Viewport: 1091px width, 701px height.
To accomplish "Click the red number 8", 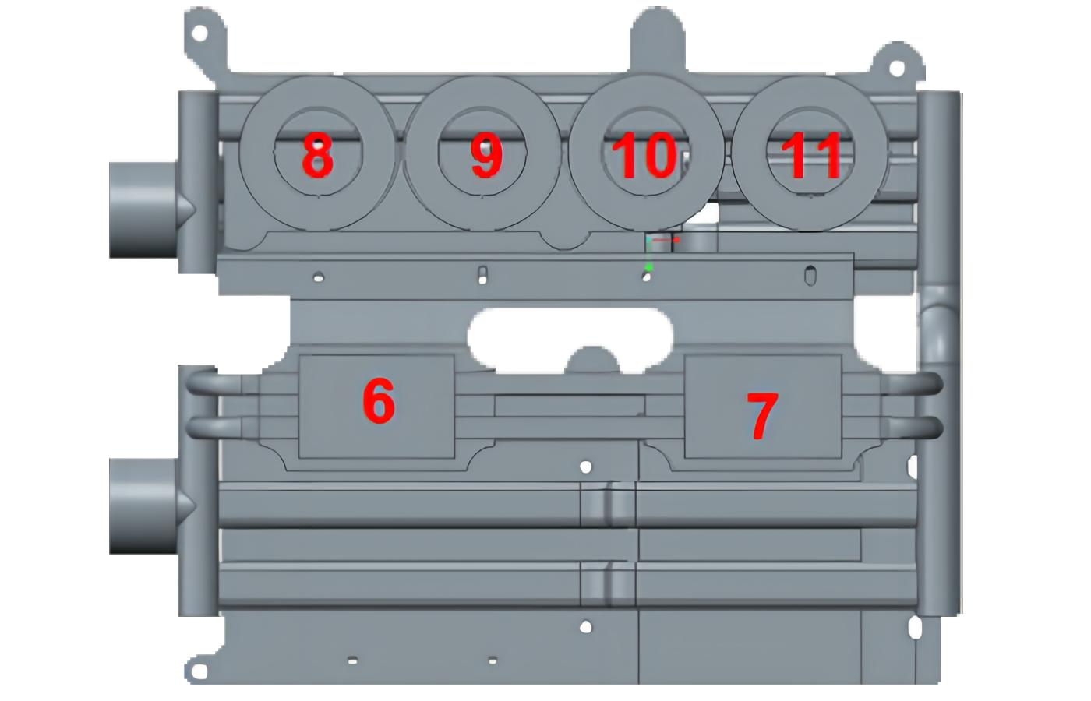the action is coord(318,155).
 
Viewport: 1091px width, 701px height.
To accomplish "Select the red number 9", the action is coord(486,155).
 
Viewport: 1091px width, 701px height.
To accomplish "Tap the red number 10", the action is coord(644,157).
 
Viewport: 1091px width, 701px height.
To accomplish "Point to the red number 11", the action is coord(811,155).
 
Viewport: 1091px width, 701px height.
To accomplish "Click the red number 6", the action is coord(379,400).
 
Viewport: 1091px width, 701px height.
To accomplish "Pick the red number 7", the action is coord(762,416).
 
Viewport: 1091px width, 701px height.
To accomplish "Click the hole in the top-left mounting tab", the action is coord(200,33).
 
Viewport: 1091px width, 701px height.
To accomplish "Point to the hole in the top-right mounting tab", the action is coord(897,69).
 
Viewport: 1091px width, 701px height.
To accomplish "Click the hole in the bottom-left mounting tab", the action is coord(199,671).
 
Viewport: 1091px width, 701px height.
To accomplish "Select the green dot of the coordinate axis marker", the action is coord(648,266).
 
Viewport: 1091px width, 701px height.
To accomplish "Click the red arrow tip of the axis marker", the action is coord(676,239).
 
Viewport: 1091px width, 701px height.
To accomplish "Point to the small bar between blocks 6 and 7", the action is coord(570,406).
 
